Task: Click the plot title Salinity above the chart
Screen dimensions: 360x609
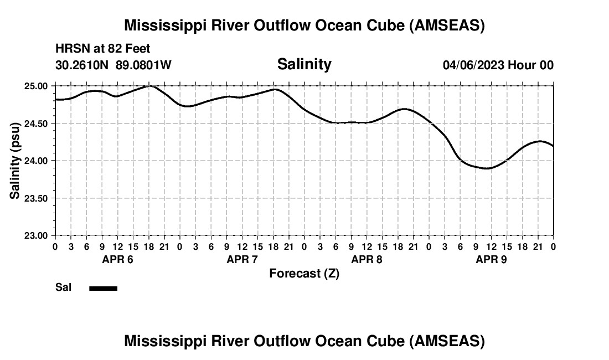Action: point(304,64)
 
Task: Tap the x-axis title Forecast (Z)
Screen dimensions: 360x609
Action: point(304,274)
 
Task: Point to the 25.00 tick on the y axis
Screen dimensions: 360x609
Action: point(37,86)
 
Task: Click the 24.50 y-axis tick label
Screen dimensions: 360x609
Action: point(37,124)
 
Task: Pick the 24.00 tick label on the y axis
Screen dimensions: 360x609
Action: point(37,161)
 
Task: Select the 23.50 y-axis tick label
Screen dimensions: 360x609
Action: point(37,198)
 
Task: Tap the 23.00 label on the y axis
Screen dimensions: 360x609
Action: point(37,235)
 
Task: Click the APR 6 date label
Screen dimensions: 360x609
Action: point(117,259)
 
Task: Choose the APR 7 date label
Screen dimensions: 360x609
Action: point(242,259)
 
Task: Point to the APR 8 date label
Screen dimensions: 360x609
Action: point(367,259)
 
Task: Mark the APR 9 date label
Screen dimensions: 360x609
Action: point(491,259)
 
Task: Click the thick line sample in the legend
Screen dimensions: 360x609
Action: point(103,288)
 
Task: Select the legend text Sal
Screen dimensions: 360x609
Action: point(63,287)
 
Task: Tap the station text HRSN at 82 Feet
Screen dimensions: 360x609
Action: point(102,49)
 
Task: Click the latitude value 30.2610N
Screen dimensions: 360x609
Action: point(83,65)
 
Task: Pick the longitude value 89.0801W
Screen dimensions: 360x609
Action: point(143,65)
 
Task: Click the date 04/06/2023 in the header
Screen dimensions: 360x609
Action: point(473,65)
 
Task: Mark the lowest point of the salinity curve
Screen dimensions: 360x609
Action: point(487,168)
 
